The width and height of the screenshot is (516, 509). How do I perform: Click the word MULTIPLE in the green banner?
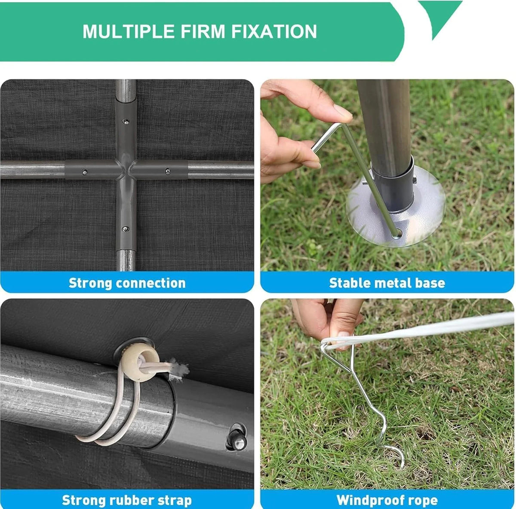[x=129, y=31]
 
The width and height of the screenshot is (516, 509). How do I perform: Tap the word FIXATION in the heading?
[x=273, y=31]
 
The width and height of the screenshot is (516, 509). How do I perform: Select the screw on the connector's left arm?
[x=85, y=172]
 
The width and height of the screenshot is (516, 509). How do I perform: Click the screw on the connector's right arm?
[x=168, y=171]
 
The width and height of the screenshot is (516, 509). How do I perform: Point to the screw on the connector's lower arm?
[x=125, y=229]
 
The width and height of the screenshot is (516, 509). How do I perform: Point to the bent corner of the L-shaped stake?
[x=344, y=125]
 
